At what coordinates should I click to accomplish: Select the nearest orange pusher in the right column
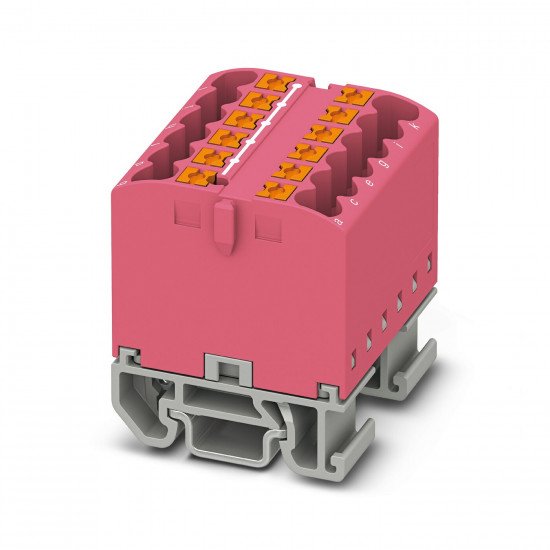[x=271, y=190]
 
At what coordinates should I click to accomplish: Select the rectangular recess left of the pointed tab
[x=185, y=214]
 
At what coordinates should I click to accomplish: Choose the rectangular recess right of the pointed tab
[x=267, y=228]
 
